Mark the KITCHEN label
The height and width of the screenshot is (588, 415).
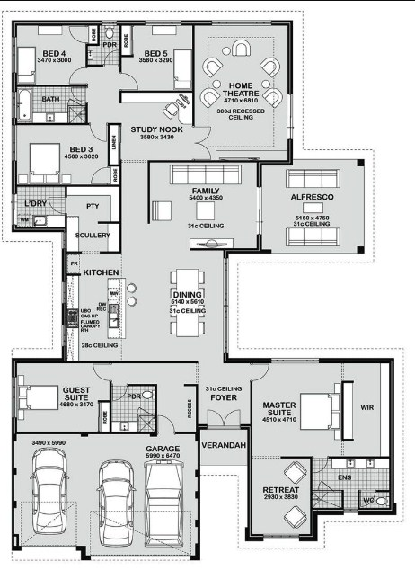(102, 271)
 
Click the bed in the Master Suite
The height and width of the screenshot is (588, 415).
(318, 410)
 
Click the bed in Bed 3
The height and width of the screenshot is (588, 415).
(46, 164)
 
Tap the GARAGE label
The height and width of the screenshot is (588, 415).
(163, 447)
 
